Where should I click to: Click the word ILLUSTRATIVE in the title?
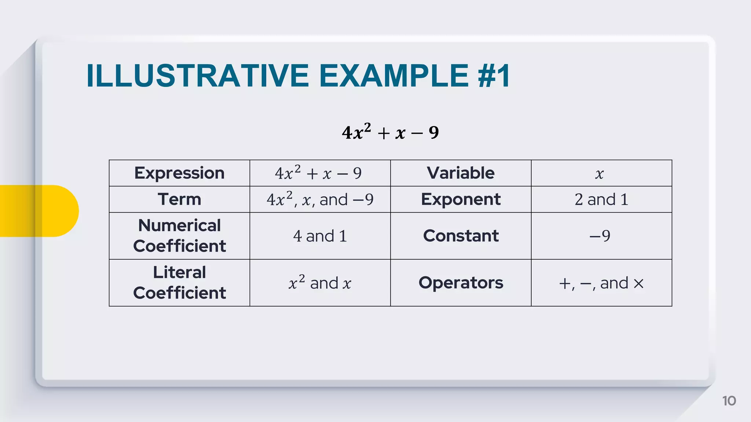pyautogui.click(x=198, y=76)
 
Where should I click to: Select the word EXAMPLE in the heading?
pyautogui.click(x=394, y=76)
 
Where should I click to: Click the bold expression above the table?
pyautogui.click(x=390, y=132)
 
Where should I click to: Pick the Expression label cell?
pyautogui.click(x=179, y=173)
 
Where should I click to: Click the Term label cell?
pyautogui.click(x=179, y=199)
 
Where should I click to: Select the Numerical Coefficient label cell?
pyautogui.click(x=179, y=236)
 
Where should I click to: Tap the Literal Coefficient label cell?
pyautogui.click(x=179, y=282)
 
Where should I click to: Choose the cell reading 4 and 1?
pyautogui.click(x=320, y=236)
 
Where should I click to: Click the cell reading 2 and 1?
pyautogui.click(x=601, y=199)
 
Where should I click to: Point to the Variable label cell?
pyautogui.click(x=461, y=173)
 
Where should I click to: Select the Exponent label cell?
pyautogui.click(x=461, y=199)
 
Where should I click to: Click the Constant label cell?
pyautogui.click(x=461, y=236)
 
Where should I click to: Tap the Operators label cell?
pyautogui.click(x=461, y=282)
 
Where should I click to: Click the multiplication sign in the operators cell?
pyautogui.click(x=638, y=284)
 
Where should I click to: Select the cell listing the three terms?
pyautogui.click(x=320, y=199)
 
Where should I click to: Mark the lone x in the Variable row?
pyautogui.click(x=600, y=174)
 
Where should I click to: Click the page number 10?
pyautogui.click(x=729, y=401)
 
